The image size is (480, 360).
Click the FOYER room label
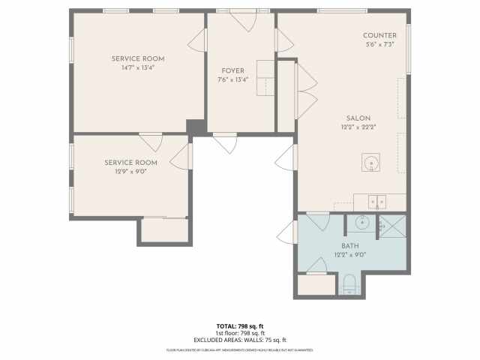click(x=232, y=72)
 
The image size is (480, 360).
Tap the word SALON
click(x=358, y=118)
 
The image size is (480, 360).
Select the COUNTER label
click(x=379, y=36)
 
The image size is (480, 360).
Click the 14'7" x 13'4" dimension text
click(x=138, y=67)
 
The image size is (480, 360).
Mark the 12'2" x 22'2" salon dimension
click(x=358, y=127)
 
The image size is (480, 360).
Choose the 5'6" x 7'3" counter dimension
click(x=379, y=44)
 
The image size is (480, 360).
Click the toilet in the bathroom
click(x=348, y=284)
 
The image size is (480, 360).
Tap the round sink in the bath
click(x=361, y=223)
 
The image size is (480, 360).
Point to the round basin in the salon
click(x=370, y=162)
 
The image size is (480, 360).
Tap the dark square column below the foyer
click(x=196, y=127)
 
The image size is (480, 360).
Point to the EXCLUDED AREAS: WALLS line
click(x=240, y=340)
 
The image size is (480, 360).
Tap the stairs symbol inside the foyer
click(x=266, y=78)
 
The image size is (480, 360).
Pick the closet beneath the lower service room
click(x=164, y=230)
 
